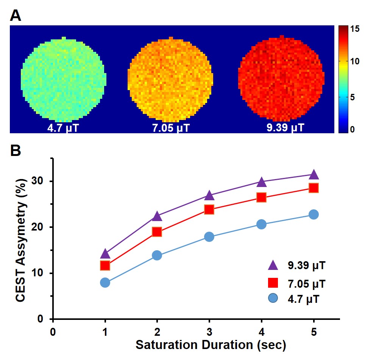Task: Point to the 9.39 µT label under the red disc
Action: pos(285,126)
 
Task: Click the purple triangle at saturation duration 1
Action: pos(105,254)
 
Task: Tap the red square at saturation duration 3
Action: pos(209,209)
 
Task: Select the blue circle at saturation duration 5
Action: pos(314,215)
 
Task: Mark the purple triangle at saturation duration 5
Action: pos(314,175)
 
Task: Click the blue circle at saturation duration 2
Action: pos(157,255)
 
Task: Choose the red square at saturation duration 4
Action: pos(261,197)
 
